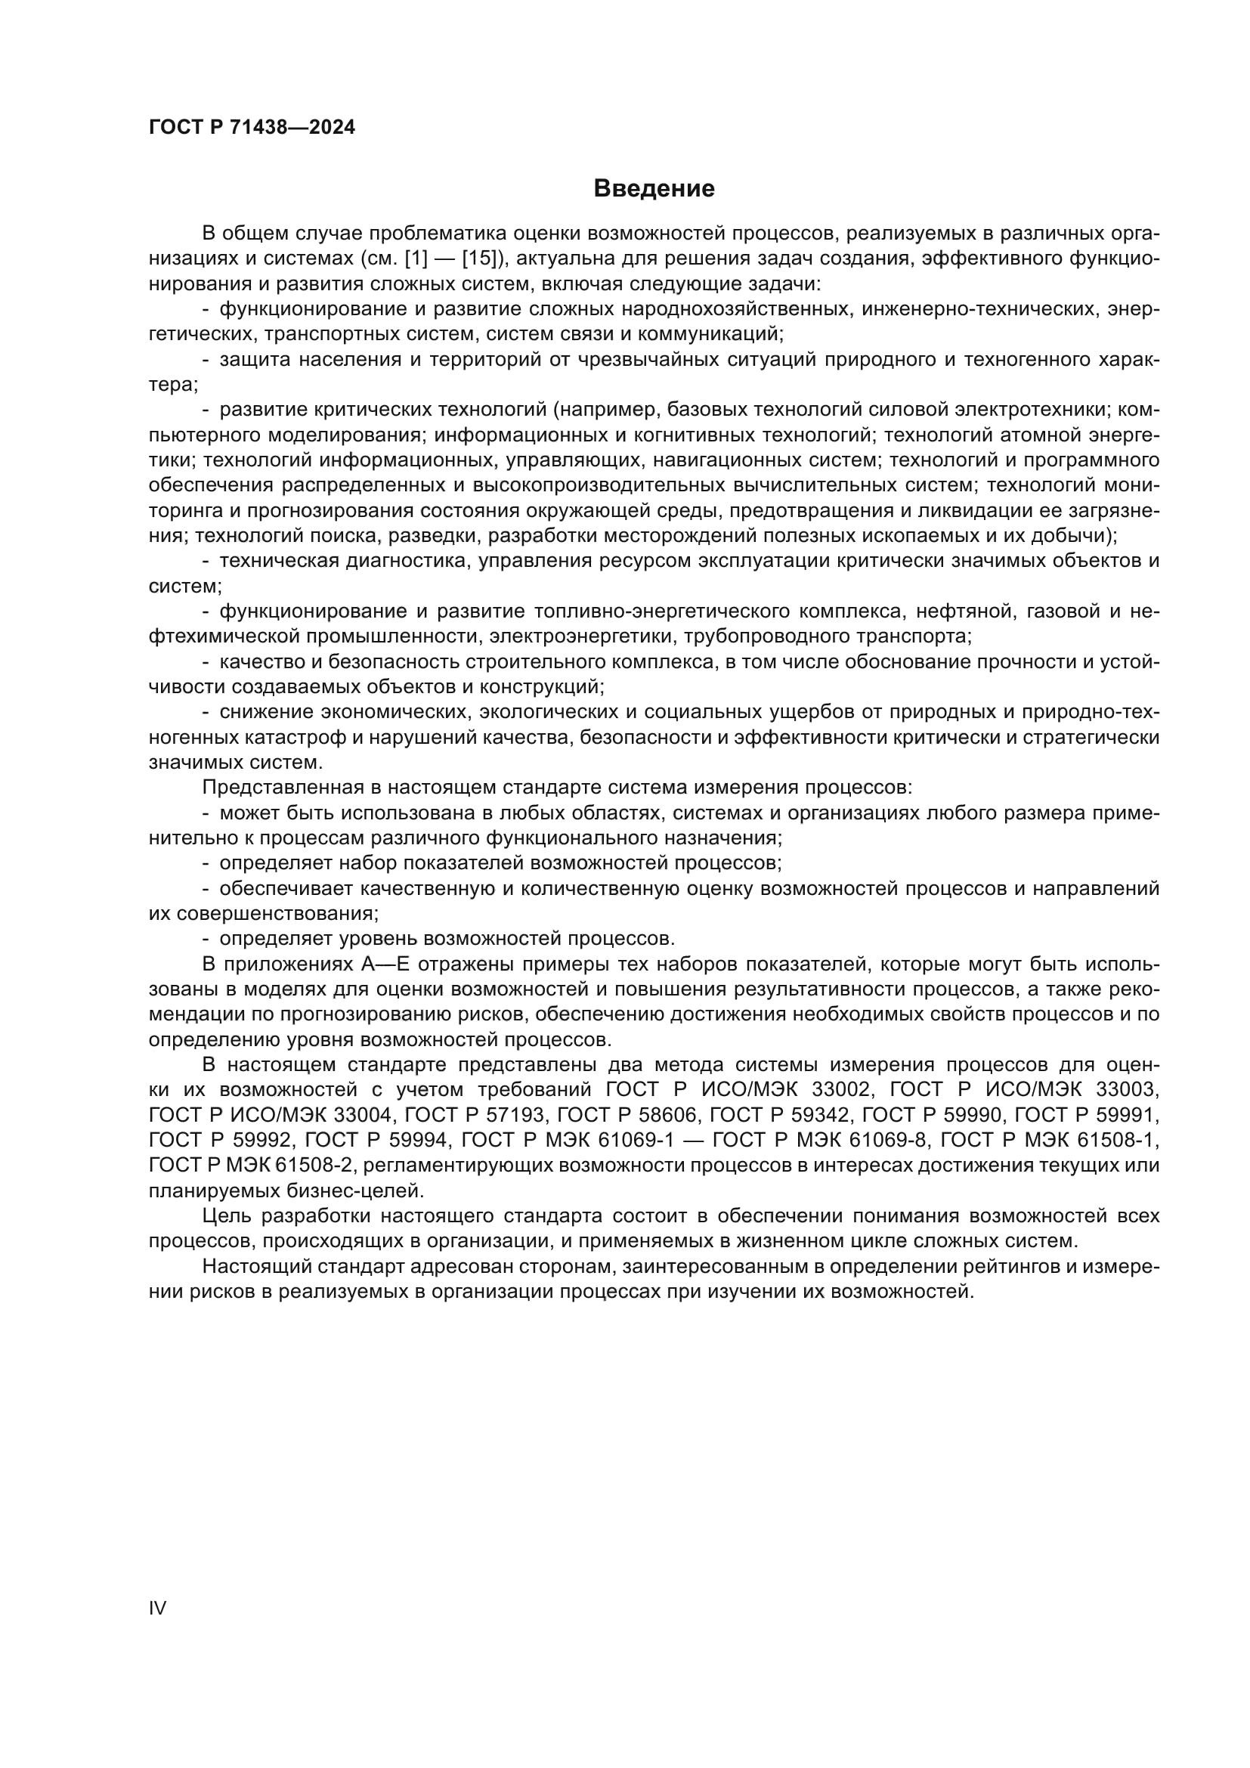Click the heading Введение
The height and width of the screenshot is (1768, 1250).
pyautogui.click(x=654, y=189)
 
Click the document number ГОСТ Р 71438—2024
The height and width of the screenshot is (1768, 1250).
pyautogui.click(x=252, y=128)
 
